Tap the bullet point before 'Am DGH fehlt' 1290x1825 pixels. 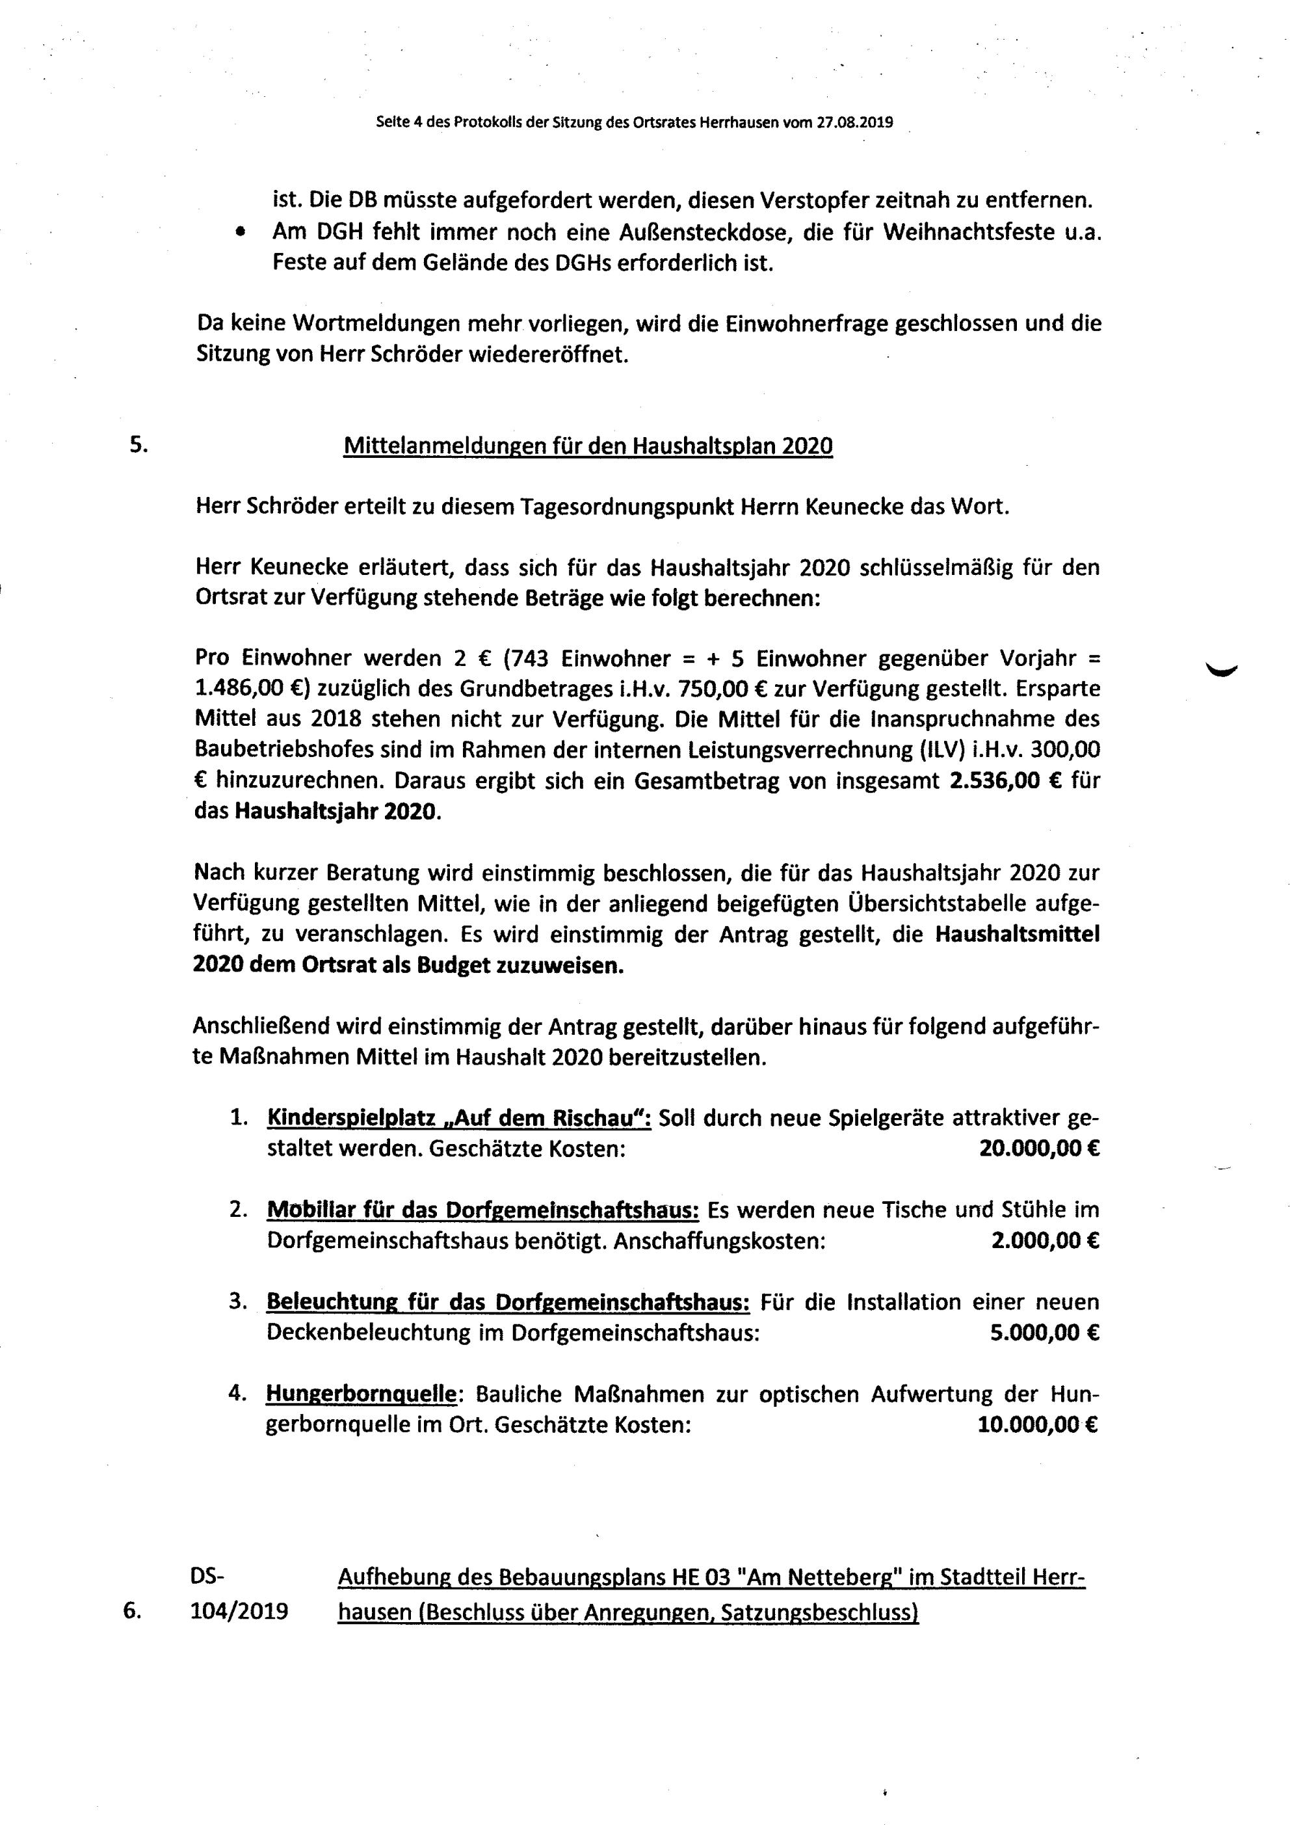coord(239,233)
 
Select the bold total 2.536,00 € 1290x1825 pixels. coord(1005,780)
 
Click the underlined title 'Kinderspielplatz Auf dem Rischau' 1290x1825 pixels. coord(460,1117)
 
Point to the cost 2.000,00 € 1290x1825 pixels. coord(1044,1241)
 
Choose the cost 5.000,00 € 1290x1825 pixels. coord(1044,1333)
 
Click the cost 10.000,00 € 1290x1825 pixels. coord(1037,1425)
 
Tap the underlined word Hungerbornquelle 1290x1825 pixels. coord(362,1394)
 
